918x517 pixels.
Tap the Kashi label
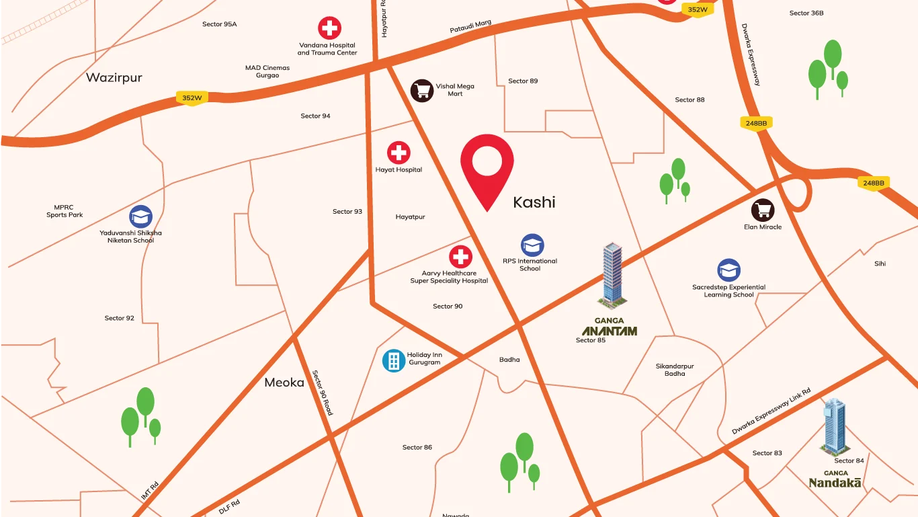(534, 202)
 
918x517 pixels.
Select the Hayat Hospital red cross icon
(399, 153)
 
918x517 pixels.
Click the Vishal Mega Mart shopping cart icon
(422, 90)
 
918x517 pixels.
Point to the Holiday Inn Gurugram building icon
(393, 360)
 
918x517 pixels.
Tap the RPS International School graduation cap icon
(532, 245)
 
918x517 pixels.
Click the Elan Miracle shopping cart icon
(763, 210)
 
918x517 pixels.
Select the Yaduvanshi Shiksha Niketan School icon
(141, 216)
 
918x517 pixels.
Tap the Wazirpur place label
(114, 77)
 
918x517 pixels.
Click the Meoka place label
(284, 383)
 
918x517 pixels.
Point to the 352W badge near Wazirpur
(192, 97)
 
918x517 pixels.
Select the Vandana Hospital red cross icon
(329, 28)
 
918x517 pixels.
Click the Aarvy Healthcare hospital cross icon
(460, 257)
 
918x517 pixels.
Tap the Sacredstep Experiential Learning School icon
(728, 270)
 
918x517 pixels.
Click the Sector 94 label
(315, 116)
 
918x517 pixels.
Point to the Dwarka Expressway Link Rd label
(771, 411)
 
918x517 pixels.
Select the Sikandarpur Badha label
(675, 370)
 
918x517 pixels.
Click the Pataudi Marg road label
(470, 28)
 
